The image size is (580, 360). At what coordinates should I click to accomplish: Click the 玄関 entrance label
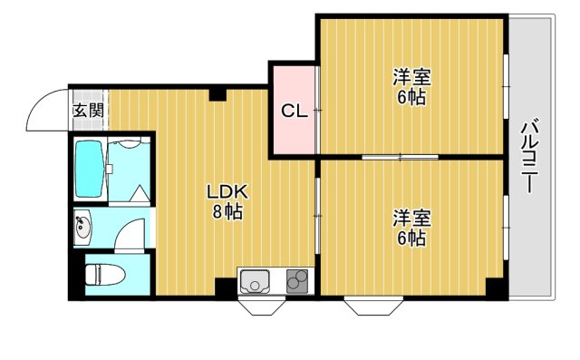point(88,111)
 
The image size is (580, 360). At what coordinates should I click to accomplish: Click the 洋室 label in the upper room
point(411,78)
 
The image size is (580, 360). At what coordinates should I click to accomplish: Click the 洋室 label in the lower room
point(411,219)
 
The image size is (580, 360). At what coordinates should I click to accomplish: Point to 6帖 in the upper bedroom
point(411,98)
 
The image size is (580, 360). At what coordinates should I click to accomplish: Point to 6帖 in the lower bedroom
point(411,238)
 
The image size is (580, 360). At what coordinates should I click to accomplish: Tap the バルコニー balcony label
point(529,155)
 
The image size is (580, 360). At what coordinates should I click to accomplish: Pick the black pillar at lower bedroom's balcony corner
point(494,288)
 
